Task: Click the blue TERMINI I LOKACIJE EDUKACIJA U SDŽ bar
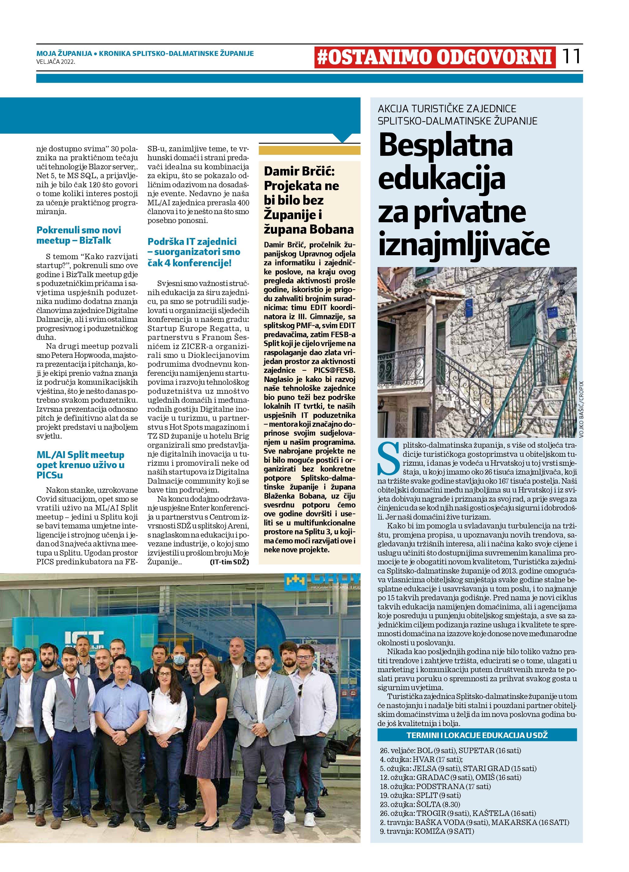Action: coord(477,735)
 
